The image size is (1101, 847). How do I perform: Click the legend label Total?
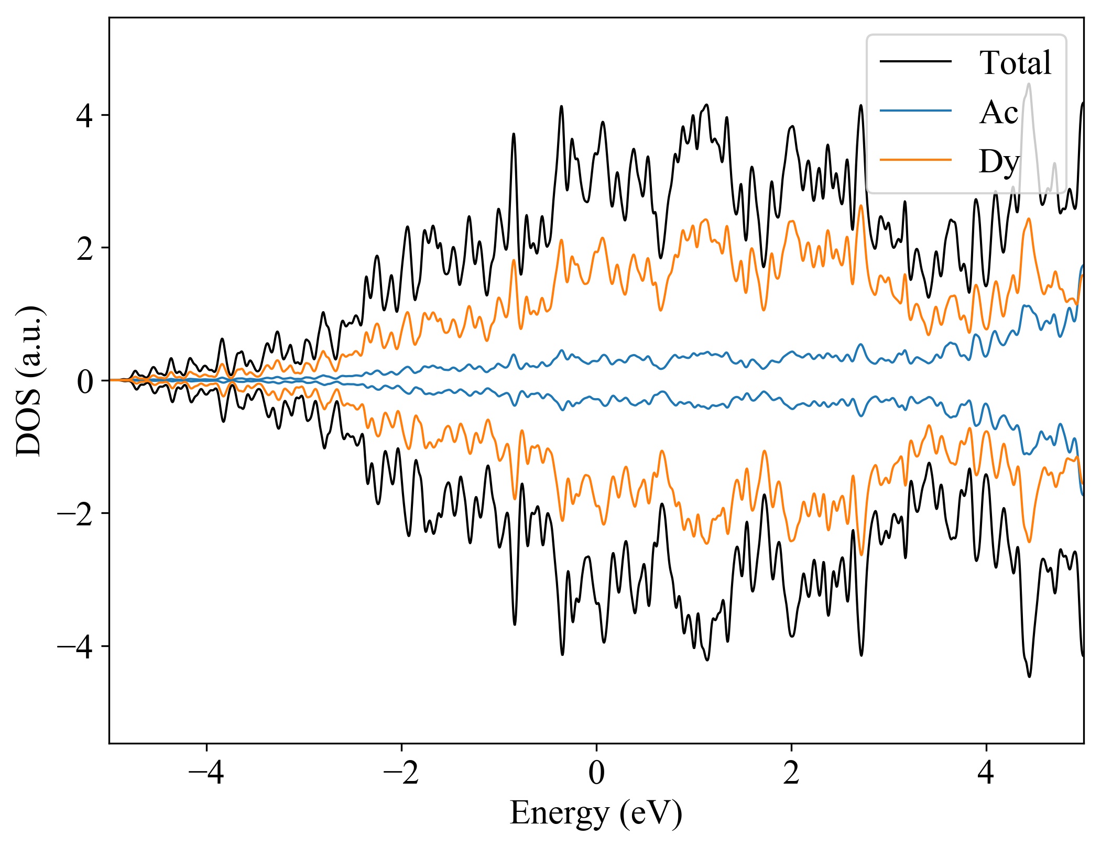(1015, 63)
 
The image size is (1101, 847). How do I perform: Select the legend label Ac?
(998, 112)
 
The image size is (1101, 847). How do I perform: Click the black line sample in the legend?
(915, 62)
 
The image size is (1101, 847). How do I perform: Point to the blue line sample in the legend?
(915, 111)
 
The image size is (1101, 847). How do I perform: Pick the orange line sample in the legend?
(915, 159)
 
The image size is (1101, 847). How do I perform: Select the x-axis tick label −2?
(401, 773)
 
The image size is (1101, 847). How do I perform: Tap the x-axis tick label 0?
(596, 773)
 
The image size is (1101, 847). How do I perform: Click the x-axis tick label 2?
(791, 773)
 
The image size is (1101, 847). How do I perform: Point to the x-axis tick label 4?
(986, 773)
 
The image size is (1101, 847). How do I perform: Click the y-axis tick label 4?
(85, 116)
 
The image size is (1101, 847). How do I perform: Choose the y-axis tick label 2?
(85, 248)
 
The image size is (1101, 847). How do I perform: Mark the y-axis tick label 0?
(85, 381)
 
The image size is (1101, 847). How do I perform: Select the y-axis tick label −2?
(75, 514)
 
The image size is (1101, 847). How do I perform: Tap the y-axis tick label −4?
(75, 647)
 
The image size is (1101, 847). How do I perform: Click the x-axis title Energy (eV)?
(596, 813)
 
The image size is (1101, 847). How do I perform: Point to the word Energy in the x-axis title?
(560, 813)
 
